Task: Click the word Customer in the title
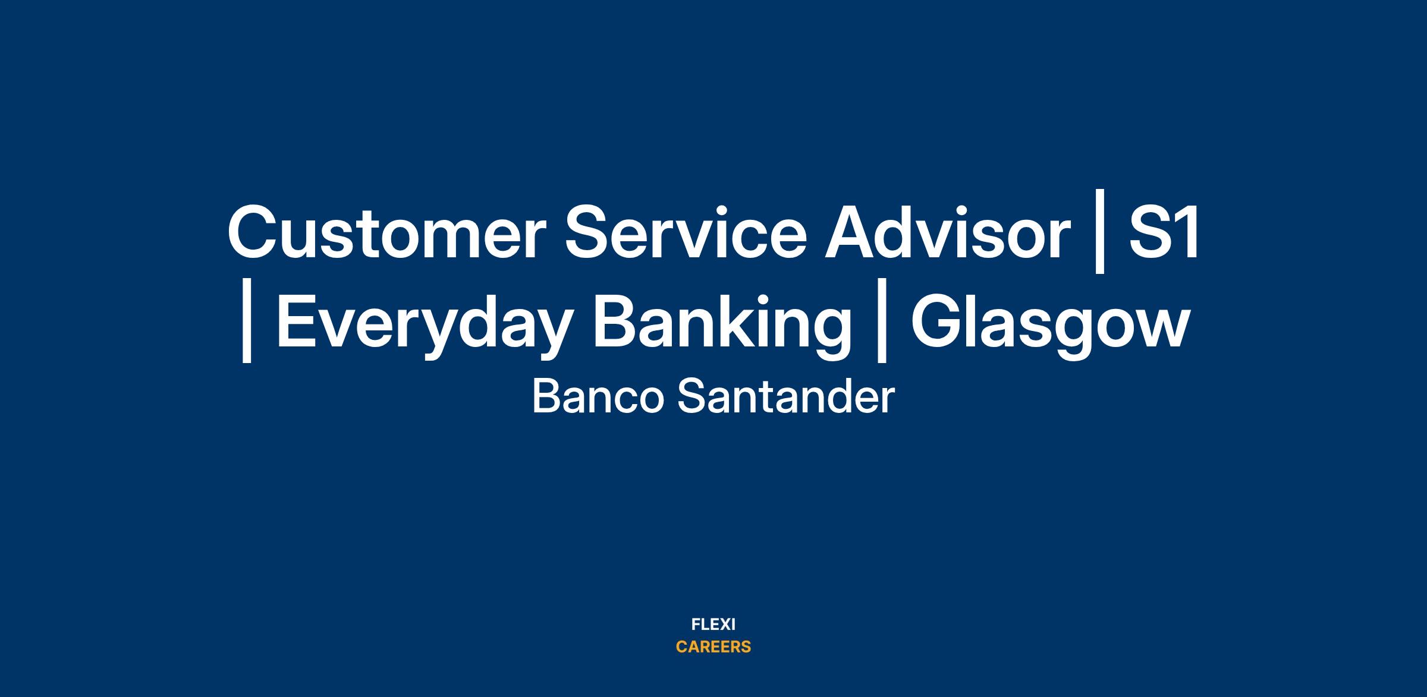(386, 232)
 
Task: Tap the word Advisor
(948, 232)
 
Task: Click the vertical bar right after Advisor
(1100, 232)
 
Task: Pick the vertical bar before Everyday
(247, 320)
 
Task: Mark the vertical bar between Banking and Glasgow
(882, 320)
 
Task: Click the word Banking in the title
(722, 324)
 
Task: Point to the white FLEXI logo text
(713, 625)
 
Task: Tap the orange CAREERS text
(713, 647)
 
